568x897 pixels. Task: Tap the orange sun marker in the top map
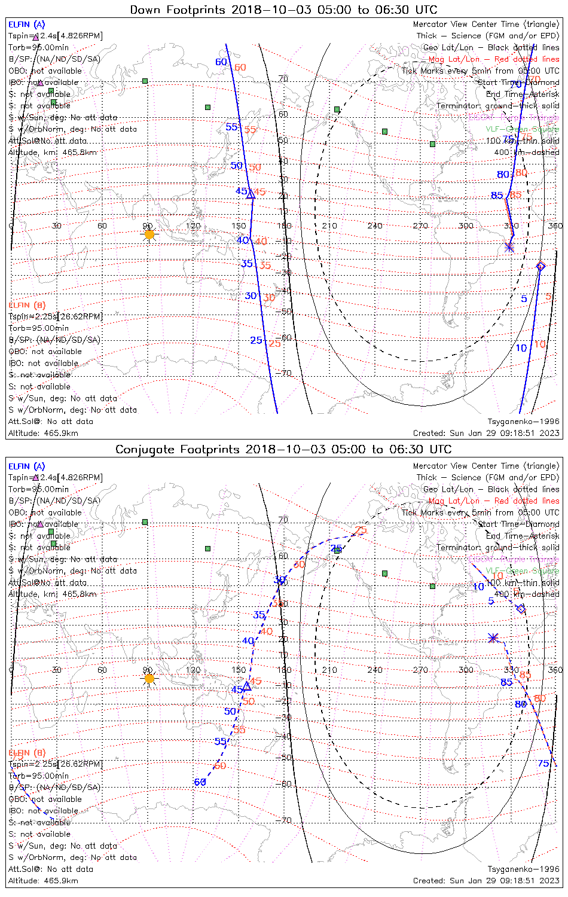(x=149, y=234)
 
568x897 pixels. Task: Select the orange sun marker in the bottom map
(x=149, y=678)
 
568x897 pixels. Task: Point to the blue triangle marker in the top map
(x=251, y=194)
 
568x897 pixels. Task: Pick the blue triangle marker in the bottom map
(x=246, y=687)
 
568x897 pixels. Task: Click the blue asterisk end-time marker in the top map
(x=509, y=246)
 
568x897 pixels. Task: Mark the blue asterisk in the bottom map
(x=493, y=638)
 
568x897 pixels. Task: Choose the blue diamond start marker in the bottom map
(x=521, y=609)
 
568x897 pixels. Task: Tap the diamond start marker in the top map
(x=541, y=266)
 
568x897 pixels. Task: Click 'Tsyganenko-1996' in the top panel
(x=523, y=422)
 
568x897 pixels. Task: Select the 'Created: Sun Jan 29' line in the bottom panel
(x=486, y=881)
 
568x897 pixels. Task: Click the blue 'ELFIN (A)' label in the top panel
(x=26, y=25)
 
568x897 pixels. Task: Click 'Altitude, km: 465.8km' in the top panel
(x=53, y=152)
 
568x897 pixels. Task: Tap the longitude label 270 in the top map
(x=420, y=226)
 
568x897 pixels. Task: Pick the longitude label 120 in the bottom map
(x=193, y=670)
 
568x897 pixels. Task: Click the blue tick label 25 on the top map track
(x=256, y=340)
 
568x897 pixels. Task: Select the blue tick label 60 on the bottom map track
(x=200, y=782)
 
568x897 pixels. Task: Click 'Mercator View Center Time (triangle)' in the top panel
(x=486, y=25)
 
